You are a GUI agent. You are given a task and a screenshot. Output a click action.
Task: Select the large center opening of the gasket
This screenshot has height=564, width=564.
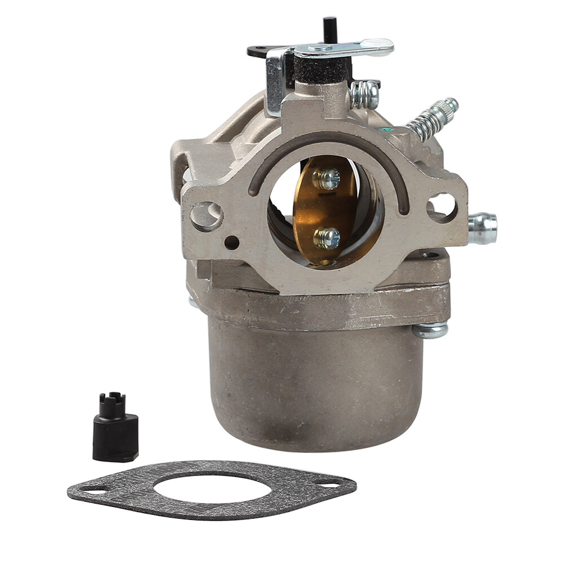pyautogui.click(x=211, y=486)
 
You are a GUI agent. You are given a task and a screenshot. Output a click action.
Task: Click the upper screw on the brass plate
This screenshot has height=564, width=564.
pyautogui.click(x=328, y=179)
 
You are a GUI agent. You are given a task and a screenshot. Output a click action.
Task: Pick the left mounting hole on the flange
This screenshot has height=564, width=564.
pyautogui.click(x=206, y=215)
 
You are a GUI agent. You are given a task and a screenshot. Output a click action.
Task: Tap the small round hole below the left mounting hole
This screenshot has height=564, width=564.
pyautogui.click(x=231, y=243)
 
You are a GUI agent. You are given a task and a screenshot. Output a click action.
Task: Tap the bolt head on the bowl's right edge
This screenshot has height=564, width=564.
pyautogui.click(x=430, y=329)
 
